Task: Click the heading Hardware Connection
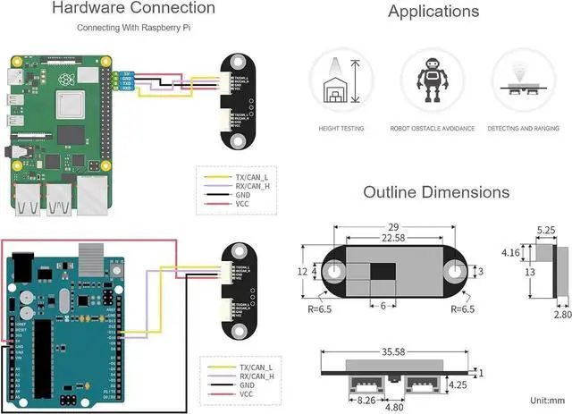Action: coord(133,9)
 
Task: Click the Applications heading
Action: coord(433,12)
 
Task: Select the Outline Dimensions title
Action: coord(436,192)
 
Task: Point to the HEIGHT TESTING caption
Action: coord(341,129)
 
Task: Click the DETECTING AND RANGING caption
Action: coord(524,129)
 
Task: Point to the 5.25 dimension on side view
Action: coord(547,229)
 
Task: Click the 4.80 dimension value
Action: coord(394,407)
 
